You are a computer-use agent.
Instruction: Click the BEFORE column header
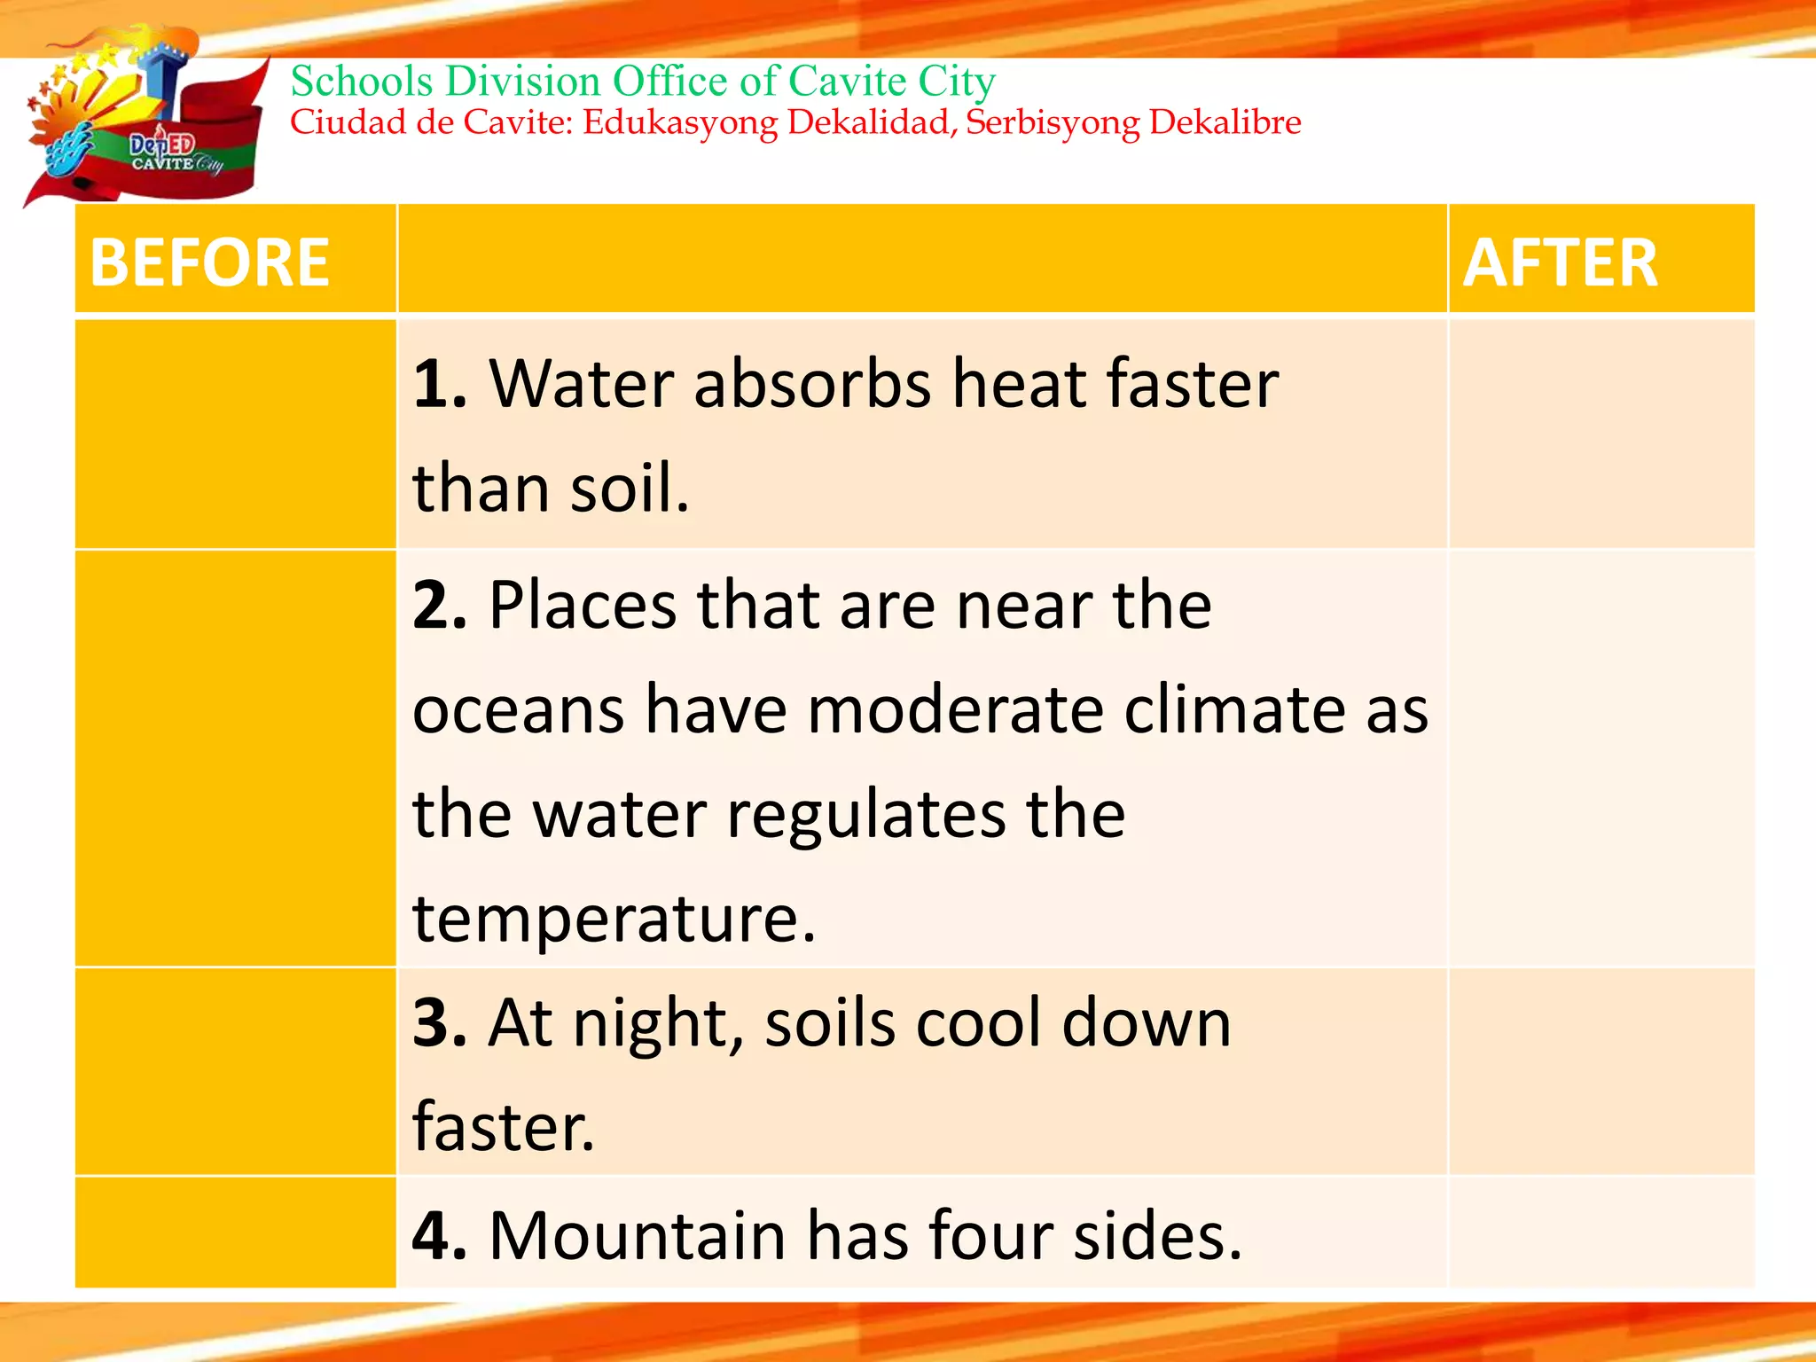(x=210, y=263)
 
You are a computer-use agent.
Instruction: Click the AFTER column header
(x=1560, y=263)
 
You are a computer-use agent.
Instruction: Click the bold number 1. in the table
(x=440, y=385)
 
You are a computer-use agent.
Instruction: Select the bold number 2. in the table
(x=440, y=607)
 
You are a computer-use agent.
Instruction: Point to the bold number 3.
(x=440, y=1023)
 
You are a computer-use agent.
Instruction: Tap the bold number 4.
(x=440, y=1235)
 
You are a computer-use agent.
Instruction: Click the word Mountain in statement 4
(x=637, y=1235)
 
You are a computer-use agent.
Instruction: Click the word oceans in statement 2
(x=519, y=711)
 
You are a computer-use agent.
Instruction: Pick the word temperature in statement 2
(x=613, y=919)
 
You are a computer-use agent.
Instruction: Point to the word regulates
(x=866, y=815)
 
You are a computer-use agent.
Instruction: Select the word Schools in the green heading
(x=362, y=82)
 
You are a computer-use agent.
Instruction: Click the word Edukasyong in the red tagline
(x=680, y=122)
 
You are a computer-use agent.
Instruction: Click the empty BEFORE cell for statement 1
(x=235, y=434)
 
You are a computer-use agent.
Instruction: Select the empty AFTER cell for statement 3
(x=1601, y=1071)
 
